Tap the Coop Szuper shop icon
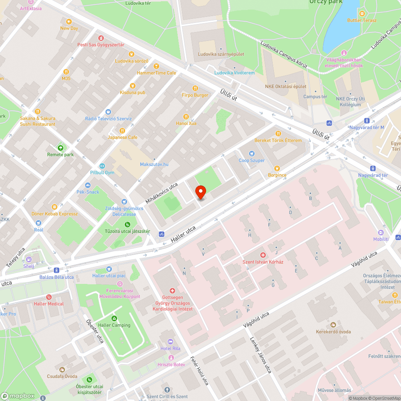(251, 153)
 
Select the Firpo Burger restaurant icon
(195, 88)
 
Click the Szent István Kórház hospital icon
(263, 255)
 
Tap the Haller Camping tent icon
(114, 318)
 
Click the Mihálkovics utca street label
(161, 193)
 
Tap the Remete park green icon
(61, 148)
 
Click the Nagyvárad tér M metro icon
(367, 120)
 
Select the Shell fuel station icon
(28, 259)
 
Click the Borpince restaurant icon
(277, 168)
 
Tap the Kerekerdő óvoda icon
(333, 324)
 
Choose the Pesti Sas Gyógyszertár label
(101, 45)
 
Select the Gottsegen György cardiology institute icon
(172, 290)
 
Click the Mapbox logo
(18, 396)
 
